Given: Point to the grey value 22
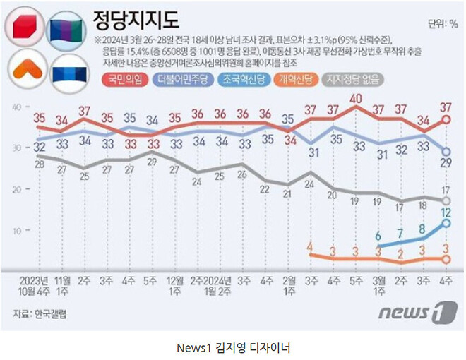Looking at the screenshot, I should (x=265, y=189).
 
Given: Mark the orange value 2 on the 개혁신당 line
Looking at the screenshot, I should (x=401, y=253).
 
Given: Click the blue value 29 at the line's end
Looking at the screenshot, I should (x=446, y=164).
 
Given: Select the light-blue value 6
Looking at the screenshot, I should (x=379, y=236).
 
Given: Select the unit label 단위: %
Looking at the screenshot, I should (x=443, y=25).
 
